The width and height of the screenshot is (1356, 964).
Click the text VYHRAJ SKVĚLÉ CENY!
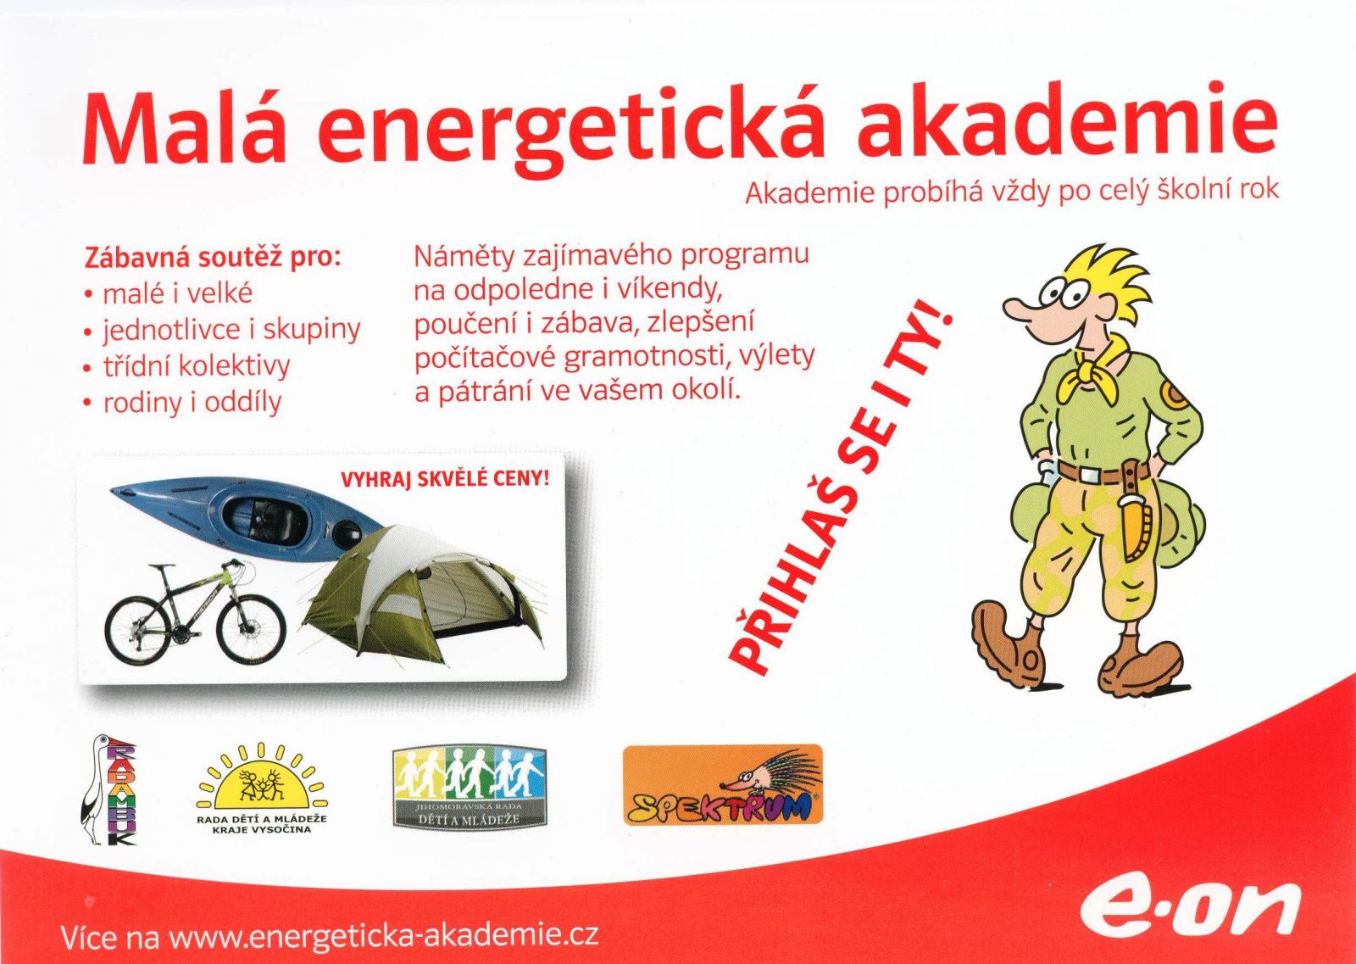[x=445, y=480]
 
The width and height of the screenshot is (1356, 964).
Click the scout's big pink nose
[x=1022, y=313]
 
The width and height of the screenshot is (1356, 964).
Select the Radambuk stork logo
[x=109, y=789]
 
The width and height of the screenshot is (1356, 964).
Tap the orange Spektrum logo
[x=723, y=785]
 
